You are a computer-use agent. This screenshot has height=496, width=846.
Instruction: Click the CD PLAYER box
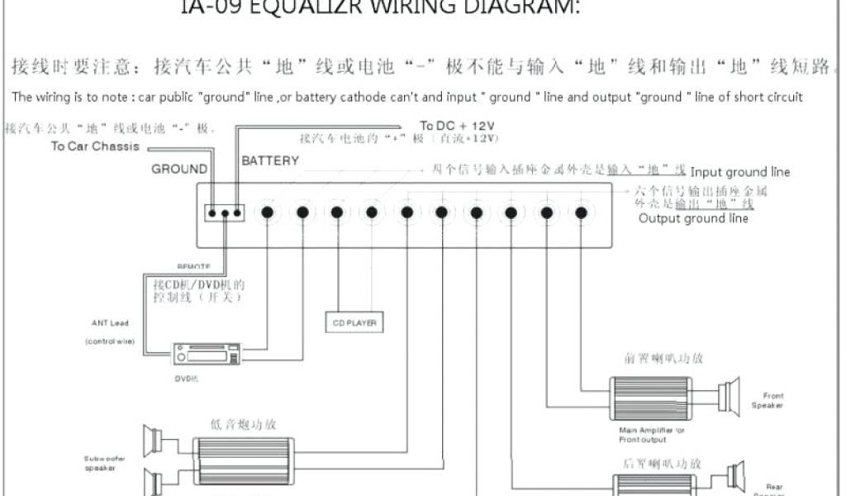tap(355, 322)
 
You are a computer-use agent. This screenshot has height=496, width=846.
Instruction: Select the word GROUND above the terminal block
tap(179, 169)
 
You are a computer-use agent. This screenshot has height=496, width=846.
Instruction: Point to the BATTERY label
tap(270, 160)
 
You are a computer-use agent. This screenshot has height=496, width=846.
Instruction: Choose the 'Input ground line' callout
tap(740, 172)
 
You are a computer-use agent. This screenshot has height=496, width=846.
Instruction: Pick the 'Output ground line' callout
tap(693, 218)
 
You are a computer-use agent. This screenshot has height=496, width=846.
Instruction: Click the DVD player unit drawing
tap(207, 355)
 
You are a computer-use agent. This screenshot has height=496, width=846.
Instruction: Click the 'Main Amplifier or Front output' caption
tap(652, 435)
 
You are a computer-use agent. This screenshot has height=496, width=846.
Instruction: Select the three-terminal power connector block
tap(225, 212)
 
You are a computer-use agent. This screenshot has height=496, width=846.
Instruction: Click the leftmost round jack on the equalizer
tap(267, 212)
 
